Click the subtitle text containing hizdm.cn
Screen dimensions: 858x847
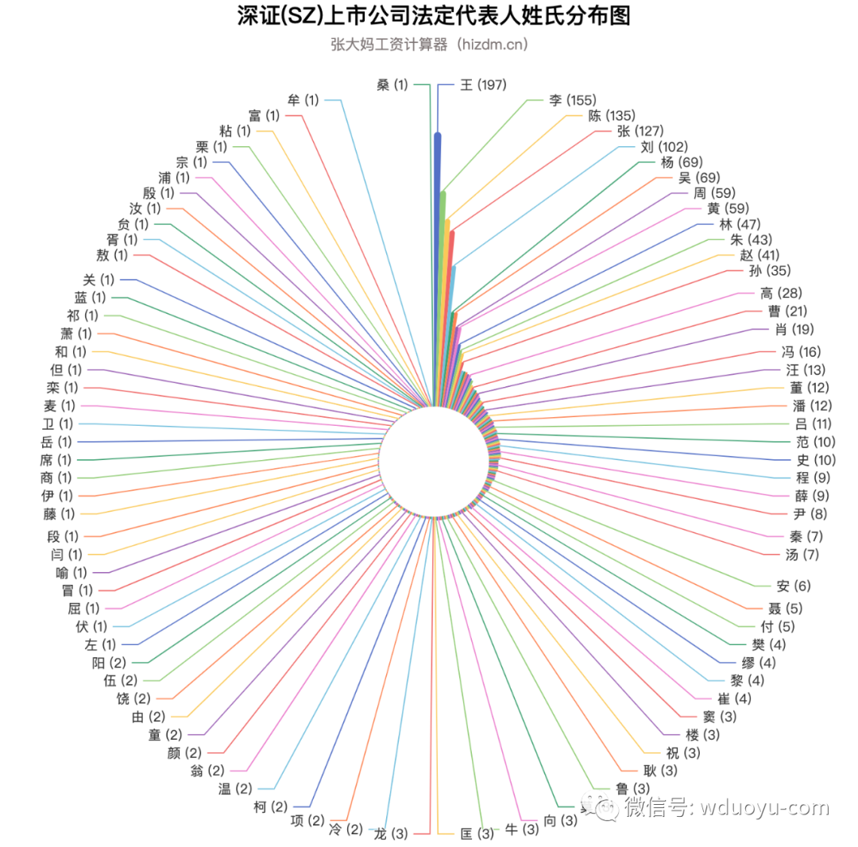coord(429,44)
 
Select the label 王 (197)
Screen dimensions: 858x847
coord(483,84)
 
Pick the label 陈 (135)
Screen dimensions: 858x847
coord(611,115)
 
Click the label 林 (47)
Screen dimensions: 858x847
coord(739,224)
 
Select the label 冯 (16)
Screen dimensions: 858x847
coord(798,352)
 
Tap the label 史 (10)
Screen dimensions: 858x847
coord(815,459)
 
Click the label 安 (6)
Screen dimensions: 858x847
coord(794,586)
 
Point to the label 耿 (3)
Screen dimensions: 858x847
coord(660,770)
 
